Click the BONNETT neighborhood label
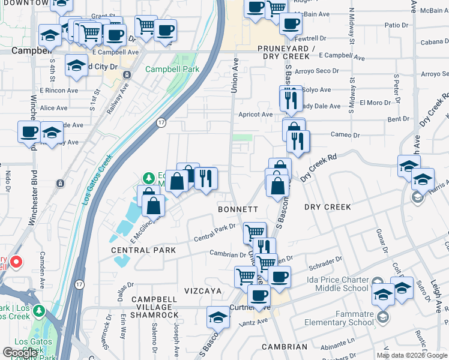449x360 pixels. (238, 209)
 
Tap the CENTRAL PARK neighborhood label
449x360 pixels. (143, 250)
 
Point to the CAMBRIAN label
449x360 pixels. (285, 347)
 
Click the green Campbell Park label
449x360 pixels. (172, 70)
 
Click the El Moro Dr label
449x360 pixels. (375, 103)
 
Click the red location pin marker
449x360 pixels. (16, 262)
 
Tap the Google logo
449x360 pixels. (20, 353)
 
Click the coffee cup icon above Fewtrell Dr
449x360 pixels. (291, 23)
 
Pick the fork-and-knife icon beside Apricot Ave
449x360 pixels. (291, 99)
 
